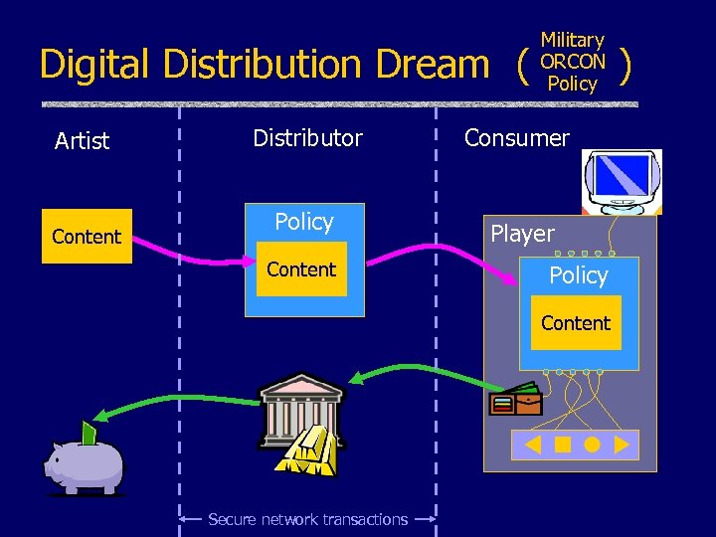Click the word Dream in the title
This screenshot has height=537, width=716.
(x=433, y=65)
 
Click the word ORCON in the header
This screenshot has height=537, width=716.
(x=572, y=62)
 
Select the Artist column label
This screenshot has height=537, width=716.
(x=82, y=141)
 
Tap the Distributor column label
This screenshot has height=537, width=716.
(x=307, y=138)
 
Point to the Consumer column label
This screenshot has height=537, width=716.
(x=517, y=138)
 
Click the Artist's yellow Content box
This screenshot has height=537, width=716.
(x=87, y=237)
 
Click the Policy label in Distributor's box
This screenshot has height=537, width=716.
(x=304, y=222)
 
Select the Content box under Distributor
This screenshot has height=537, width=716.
(x=301, y=269)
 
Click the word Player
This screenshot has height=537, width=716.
(x=522, y=234)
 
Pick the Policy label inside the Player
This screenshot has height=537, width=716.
(x=578, y=275)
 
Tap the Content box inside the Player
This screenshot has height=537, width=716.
(x=576, y=323)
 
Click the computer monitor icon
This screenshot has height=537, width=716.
(x=622, y=181)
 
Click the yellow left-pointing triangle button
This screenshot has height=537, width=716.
(x=533, y=445)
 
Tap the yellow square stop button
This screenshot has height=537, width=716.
(x=563, y=445)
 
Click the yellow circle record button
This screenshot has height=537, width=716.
(x=593, y=445)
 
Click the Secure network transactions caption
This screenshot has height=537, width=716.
(x=307, y=519)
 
